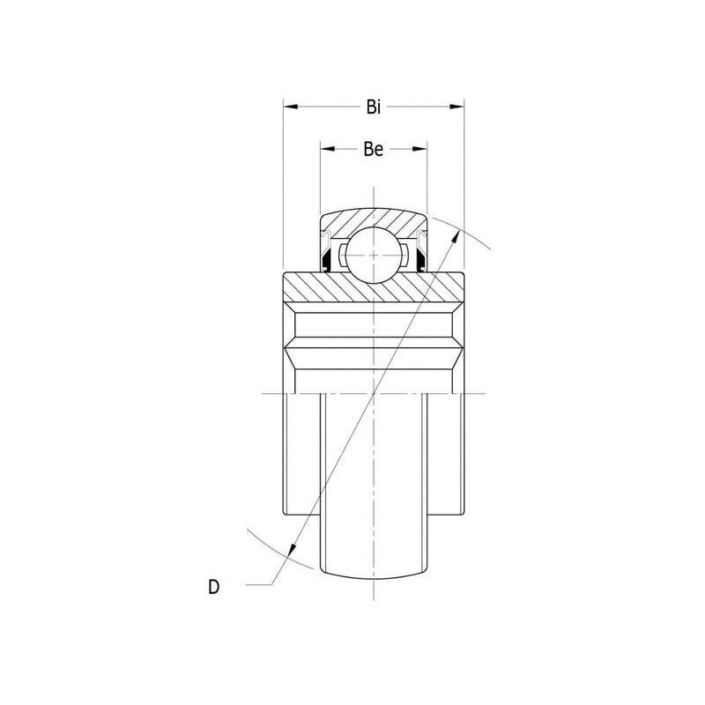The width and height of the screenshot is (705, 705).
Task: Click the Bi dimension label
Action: pos(373,107)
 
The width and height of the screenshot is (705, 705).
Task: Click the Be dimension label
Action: pos(373,149)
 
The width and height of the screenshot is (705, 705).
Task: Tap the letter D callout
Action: pos(214,587)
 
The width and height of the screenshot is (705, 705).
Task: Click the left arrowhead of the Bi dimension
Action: pos(291,107)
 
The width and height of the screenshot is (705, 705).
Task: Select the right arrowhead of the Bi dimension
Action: pos(456,107)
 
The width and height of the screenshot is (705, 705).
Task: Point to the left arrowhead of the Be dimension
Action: pos(328,149)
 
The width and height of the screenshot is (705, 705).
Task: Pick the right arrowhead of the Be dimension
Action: pos(419,149)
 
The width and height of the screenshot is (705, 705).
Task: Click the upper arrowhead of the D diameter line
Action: pos(456,236)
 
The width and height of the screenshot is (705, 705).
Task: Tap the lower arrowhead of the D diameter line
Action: pos(293,550)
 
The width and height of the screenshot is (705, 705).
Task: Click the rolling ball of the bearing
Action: pos(374,255)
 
